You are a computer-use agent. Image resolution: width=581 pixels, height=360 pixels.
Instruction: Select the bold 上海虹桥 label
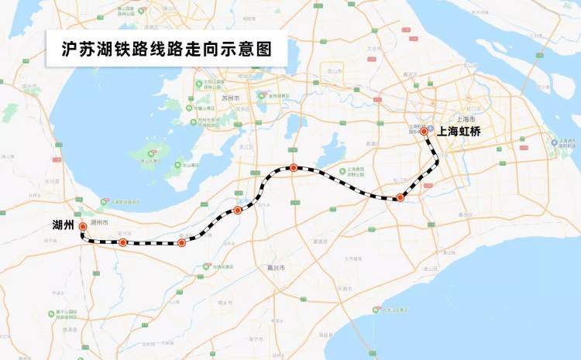(x=459, y=132)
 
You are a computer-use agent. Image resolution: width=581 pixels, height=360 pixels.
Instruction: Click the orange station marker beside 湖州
(x=83, y=227)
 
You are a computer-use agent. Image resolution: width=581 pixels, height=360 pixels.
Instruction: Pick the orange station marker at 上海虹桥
(x=424, y=132)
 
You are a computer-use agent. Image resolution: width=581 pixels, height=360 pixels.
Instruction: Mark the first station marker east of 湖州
(x=122, y=242)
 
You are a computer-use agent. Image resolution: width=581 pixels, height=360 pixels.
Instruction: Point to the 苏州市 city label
(x=231, y=99)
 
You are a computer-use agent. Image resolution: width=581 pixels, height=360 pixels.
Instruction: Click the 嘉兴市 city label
(x=277, y=268)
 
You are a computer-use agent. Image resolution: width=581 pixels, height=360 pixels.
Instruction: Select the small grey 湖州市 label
(x=99, y=223)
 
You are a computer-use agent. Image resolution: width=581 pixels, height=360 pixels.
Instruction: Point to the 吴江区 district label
(x=248, y=146)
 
